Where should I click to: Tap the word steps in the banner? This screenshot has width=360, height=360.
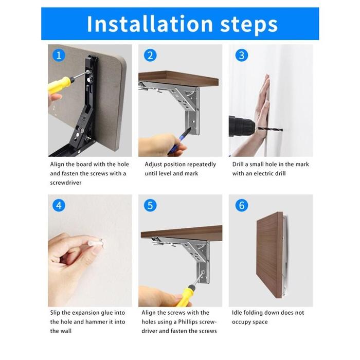pos(249,25)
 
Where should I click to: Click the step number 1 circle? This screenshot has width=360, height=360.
pos(59,56)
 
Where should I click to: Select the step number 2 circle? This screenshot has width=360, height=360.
pos(150,56)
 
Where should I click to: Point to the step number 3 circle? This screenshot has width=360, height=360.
pos(242,56)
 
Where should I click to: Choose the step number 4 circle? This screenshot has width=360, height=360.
pos(59,206)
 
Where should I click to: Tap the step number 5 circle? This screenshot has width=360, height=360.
pos(150,206)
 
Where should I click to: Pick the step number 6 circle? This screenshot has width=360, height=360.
pos(242,206)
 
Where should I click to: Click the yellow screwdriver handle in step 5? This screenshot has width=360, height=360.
pos(186,296)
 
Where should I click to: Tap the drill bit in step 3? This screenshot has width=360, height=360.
pos(270,129)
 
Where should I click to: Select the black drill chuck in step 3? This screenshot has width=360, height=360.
pos(241,127)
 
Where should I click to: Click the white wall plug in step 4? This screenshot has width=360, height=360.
pos(97,242)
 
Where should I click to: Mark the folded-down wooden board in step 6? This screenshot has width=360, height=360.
pos(270,255)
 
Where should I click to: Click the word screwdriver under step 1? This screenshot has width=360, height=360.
pos(66,183)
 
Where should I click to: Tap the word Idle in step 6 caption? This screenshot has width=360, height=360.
pos(237,313)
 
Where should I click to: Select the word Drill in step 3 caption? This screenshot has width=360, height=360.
pos(238,164)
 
